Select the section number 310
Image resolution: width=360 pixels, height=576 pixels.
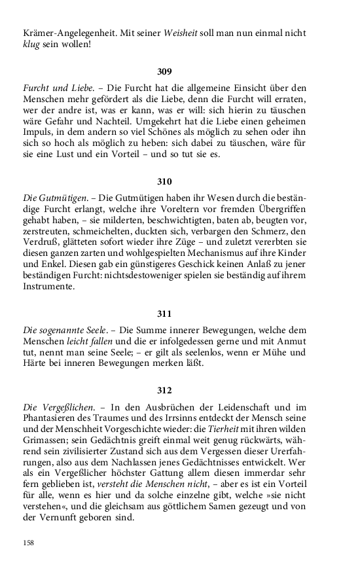pos(164,181)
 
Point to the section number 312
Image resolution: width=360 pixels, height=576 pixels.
pos(164,391)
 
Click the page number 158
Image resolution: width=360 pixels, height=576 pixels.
pos(29,543)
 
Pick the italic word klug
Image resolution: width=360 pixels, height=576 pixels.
pos(32,45)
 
